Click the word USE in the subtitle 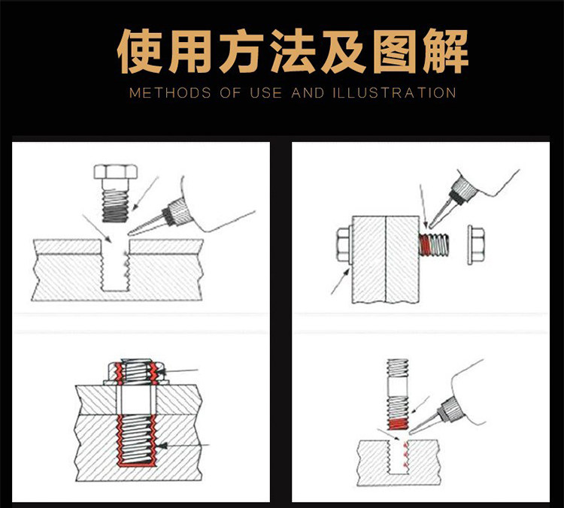pos(266,94)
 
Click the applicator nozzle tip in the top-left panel pos(129,231)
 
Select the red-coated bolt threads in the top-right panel pos(434,244)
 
